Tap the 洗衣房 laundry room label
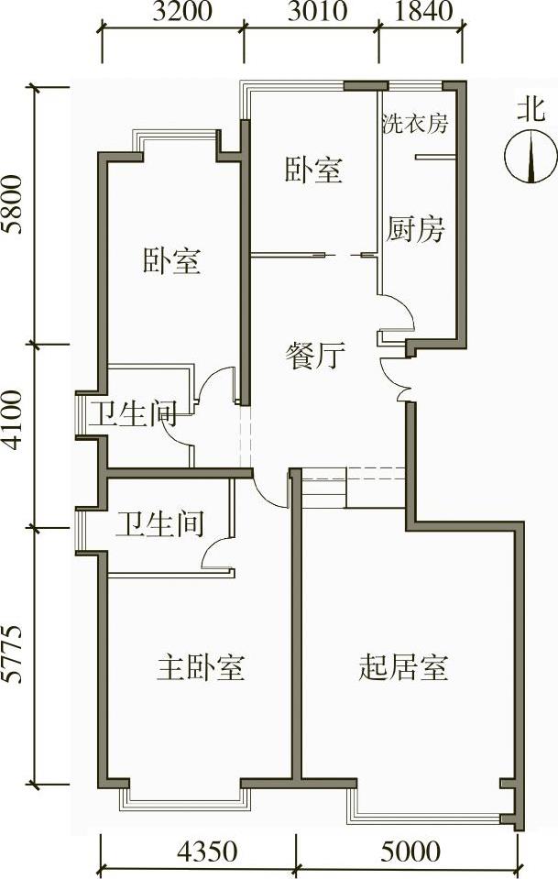click(415, 123)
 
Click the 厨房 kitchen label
click(415, 228)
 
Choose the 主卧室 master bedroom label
click(201, 667)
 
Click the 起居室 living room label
click(403, 667)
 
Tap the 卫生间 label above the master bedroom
click(159, 524)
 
